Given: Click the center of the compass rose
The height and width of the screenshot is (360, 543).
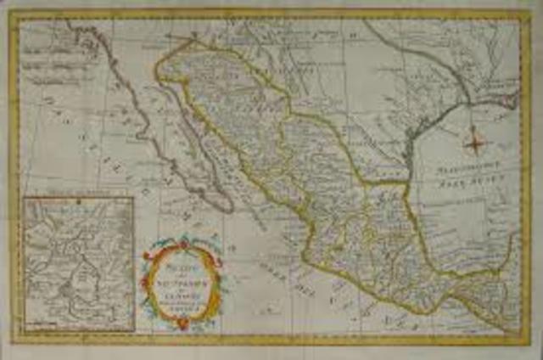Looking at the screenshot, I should (475, 143).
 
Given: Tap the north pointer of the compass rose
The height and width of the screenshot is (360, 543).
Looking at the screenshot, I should (475, 128).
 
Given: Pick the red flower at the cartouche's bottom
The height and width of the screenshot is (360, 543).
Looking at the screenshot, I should (182, 323).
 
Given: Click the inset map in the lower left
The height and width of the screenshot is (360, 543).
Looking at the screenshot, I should (79, 264).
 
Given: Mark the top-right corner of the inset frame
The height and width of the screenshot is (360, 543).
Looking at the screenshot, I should (134, 198).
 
